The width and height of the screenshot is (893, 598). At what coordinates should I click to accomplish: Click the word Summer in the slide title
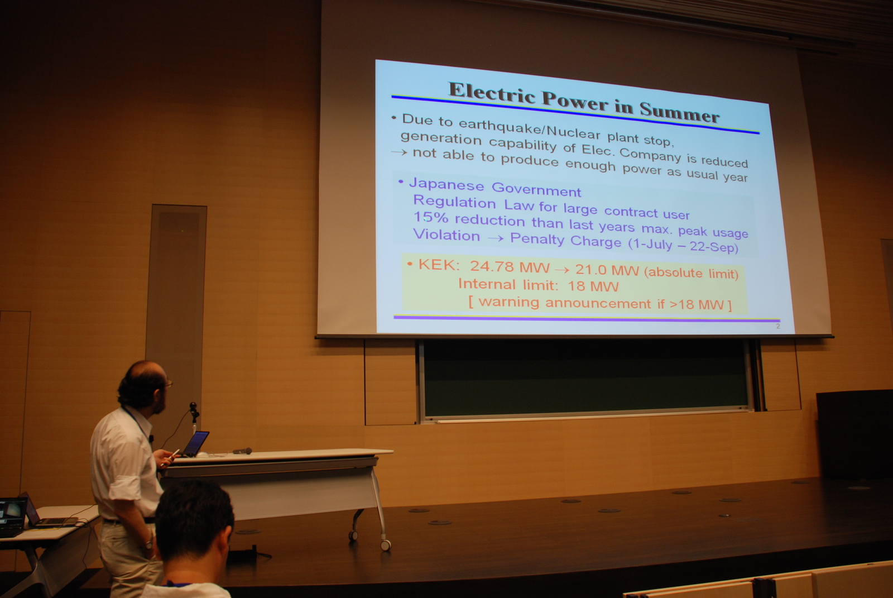(x=679, y=112)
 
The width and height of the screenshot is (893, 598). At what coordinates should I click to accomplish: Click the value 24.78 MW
(x=510, y=267)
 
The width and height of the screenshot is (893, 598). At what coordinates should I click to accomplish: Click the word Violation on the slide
(x=446, y=235)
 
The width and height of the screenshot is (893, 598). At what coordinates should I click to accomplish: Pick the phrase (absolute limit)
(x=692, y=273)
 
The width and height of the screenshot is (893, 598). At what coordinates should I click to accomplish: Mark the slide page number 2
(x=778, y=326)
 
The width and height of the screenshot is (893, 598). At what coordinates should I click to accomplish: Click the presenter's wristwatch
(x=148, y=544)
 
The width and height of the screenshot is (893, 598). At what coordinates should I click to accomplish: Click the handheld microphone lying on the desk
(x=242, y=451)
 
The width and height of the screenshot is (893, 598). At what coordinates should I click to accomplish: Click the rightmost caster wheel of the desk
(x=385, y=544)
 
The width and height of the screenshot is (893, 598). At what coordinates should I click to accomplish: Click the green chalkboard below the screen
(x=585, y=377)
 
